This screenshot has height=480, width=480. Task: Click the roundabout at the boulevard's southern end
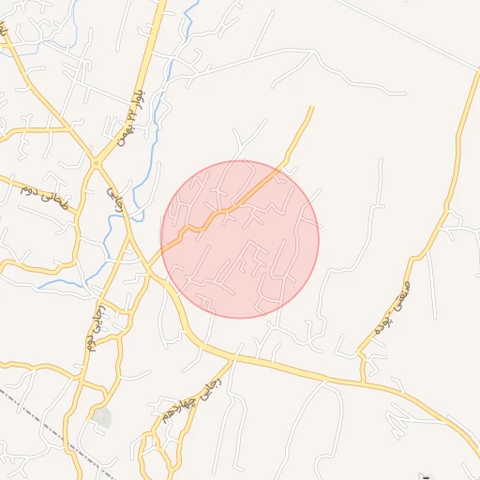coord(96,163)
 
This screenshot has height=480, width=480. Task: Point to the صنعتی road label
coord(392,303)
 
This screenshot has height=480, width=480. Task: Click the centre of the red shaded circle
coord(240,239)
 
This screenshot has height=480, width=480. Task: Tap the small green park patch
coord(101,417)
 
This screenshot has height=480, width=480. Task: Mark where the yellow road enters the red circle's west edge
coord(165,246)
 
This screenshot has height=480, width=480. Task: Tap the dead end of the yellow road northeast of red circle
coord(312,108)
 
